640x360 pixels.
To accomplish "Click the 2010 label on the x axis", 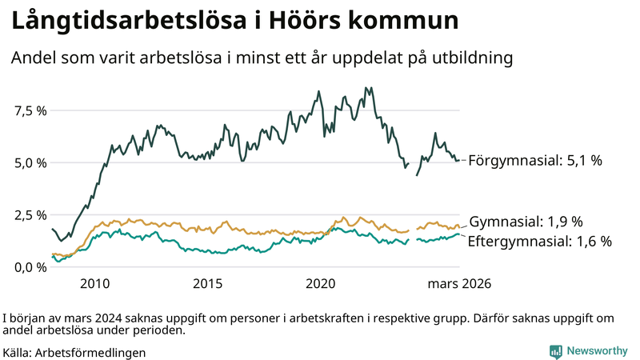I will click(x=94, y=284).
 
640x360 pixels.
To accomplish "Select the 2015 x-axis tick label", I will click(x=207, y=284).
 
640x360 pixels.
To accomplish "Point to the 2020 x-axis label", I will click(x=320, y=284).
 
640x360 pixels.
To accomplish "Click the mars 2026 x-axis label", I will click(x=458, y=284).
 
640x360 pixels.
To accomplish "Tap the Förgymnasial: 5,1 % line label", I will click(x=534, y=161).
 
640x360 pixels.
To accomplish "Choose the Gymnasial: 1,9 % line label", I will click(x=526, y=222).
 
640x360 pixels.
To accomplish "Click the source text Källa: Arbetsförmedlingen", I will click(x=74, y=352).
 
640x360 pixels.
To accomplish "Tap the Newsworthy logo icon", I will click(x=555, y=351).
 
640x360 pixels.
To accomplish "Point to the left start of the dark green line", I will click(x=52, y=230).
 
